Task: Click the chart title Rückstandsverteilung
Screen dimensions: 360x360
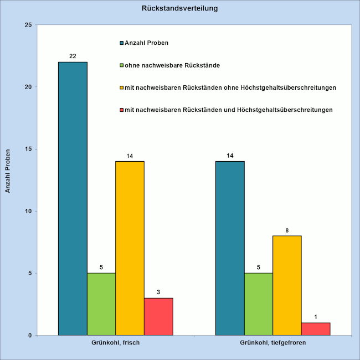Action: (x=179, y=9)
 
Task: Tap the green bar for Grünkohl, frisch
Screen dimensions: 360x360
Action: (x=101, y=304)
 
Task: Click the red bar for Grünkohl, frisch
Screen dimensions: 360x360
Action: (x=158, y=316)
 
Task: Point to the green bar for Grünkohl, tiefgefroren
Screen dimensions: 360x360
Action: (x=259, y=304)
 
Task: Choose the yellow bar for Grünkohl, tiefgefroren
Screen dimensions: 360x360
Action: (x=287, y=285)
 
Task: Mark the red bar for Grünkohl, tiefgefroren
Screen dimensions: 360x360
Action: (x=316, y=329)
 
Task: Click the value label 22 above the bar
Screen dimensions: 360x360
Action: (x=73, y=56)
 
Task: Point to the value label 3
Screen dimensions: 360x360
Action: (x=158, y=292)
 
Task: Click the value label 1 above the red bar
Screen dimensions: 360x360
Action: (x=316, y=317)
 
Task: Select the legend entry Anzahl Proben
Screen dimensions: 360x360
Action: (x=147, y=43)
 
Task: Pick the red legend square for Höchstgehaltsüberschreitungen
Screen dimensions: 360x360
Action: (x=122, y=110)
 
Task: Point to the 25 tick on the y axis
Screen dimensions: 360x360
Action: (x=28, y=25)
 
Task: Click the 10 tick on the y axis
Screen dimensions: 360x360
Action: (x=28, y=211)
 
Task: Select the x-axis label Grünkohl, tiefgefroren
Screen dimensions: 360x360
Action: (x=272, y=343)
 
